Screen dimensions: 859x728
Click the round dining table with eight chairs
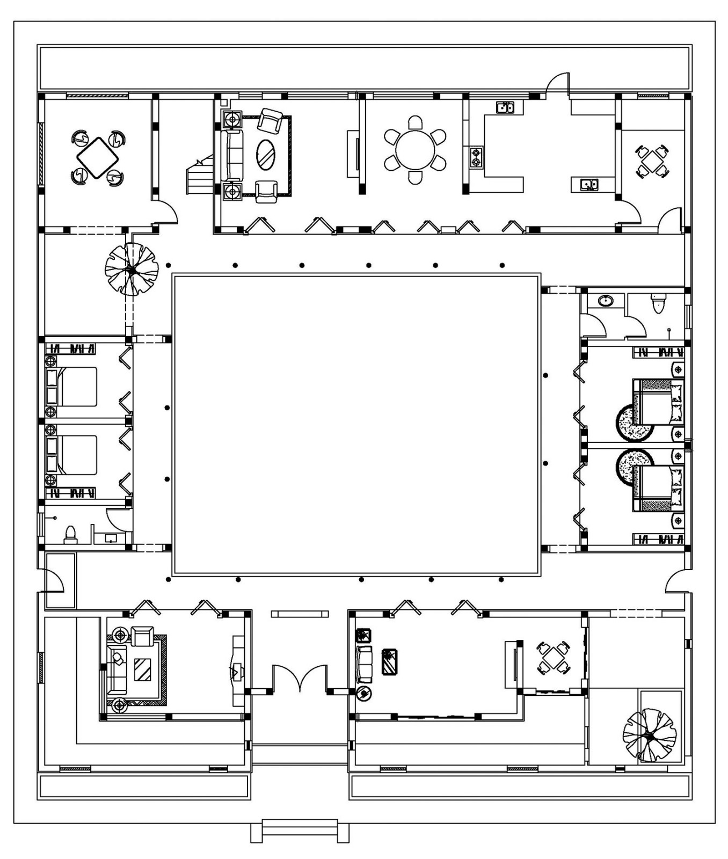pos(415,149)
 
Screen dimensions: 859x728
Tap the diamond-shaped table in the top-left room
pos(97,157)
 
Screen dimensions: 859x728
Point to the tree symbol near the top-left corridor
pos(132,269)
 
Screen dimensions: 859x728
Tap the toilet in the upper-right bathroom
pos(658,304)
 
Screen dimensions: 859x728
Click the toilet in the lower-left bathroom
pos(70,535)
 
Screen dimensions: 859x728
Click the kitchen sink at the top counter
pos(504,107)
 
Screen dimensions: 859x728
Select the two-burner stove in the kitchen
pos(476,158)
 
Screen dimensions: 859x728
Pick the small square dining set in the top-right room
pos(652,161)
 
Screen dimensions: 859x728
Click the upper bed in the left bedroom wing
pos(75,387)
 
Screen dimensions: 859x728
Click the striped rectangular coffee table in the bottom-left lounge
pos(142,669)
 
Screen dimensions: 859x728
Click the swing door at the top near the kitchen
pos(557,83)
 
